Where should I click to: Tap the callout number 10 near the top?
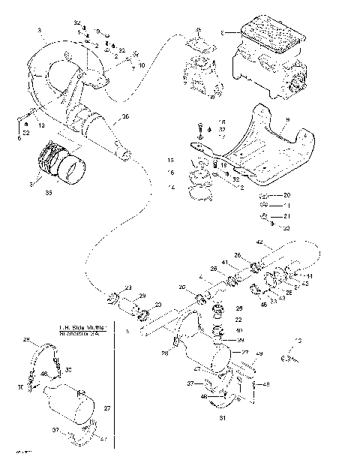(141, 65)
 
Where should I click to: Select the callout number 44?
(310, 277)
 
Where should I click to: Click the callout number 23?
(128, 287)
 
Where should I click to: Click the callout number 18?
(221, 121)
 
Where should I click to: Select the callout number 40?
(239, 331)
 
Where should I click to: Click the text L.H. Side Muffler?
(82, 328)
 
